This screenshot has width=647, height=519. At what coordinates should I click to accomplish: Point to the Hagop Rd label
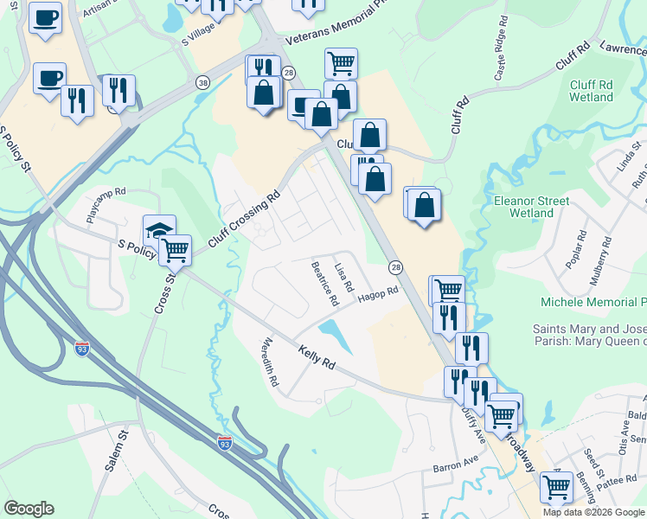(x=378, y=294)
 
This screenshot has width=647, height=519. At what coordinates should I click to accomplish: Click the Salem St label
(x=116, y=452)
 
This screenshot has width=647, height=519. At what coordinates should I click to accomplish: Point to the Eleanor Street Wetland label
(x=531, y=206)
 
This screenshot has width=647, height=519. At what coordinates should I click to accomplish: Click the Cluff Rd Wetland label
(x=592, y=91)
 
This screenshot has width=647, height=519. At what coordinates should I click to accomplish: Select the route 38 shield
(x=202, y=83)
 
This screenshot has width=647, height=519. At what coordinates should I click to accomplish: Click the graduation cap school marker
(x=159, y=231)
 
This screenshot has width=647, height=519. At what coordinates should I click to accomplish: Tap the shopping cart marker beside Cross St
(x=176, y=250)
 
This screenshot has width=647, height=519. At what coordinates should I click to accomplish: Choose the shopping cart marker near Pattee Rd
(x=555, y=486)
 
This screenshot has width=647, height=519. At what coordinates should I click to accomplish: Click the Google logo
(x=29, y=509)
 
